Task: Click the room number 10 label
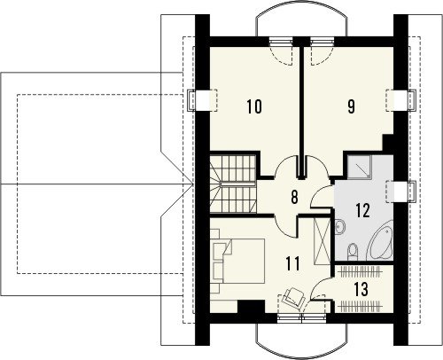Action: pyautogui.click(x=254, y=106)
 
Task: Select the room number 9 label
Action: pyautogui.click(x=351, y=106)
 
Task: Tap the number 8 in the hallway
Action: pyautogui.click(x=294, y=197)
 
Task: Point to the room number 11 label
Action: pyautogui.click(x=293, y=263)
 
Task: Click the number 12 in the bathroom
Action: pyautogui.click(x=363, y=210)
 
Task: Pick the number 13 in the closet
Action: pyautogui.click(x=361, y=289)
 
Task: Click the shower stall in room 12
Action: pyautogui.click(x=359, y=167)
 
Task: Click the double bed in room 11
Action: pyautogui.click(x=237, y=262)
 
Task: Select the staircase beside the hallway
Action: pyautogui.click(x=233, y=184)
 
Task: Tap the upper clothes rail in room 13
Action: pyautogui.click(x=359, y=270)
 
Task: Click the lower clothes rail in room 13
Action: pyautogui.click(x=359, y=306)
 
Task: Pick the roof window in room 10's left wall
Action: pyautogui.click(x=203, y=100)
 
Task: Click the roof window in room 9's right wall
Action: pyautogui.click(x=400, y=100)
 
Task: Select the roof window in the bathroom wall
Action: pyautogui.click(x=400, y=192)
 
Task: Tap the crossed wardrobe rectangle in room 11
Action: pyautogui.click(x=322, y=241)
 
